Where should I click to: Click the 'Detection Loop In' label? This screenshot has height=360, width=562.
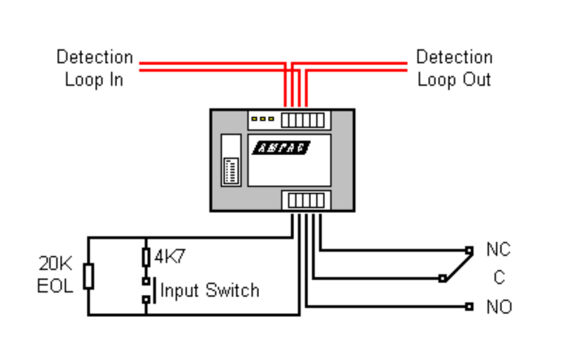click(x=94, y=68)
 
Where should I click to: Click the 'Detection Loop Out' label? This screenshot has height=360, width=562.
click(x=454, y=68)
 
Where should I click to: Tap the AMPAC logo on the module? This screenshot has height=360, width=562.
click(x=282, y=148)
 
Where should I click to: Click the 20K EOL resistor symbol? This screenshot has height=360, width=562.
click(x=89, y=277)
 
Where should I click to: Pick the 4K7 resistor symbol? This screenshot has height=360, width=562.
click(x=146, y=257)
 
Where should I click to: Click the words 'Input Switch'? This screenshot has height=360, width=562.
click(x=210, y=290)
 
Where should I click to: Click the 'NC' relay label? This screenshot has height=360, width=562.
click(x=498, y=250)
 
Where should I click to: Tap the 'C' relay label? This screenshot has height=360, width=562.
click(x=498, y=279)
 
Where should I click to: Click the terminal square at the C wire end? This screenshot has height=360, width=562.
click(x=442, y=278)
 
